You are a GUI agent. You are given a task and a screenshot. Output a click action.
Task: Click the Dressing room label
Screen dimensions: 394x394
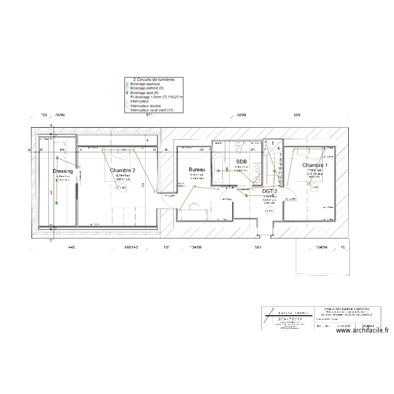63,171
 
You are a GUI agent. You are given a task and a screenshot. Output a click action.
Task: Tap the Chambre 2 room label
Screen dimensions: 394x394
123,170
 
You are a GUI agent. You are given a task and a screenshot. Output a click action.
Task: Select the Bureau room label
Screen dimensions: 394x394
197,170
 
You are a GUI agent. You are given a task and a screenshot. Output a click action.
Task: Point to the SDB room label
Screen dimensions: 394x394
241,162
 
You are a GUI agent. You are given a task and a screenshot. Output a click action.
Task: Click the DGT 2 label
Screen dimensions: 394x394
270,192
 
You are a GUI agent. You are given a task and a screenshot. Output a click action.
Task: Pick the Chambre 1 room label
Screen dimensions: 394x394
315,165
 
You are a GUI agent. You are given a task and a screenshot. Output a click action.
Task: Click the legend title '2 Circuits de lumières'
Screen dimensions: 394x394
154,79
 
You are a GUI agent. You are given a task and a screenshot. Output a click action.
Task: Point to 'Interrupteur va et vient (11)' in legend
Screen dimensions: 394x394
152,110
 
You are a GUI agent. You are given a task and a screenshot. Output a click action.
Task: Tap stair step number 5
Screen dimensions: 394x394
273,143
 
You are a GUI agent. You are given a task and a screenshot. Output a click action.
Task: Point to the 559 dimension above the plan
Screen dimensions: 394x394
297,115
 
